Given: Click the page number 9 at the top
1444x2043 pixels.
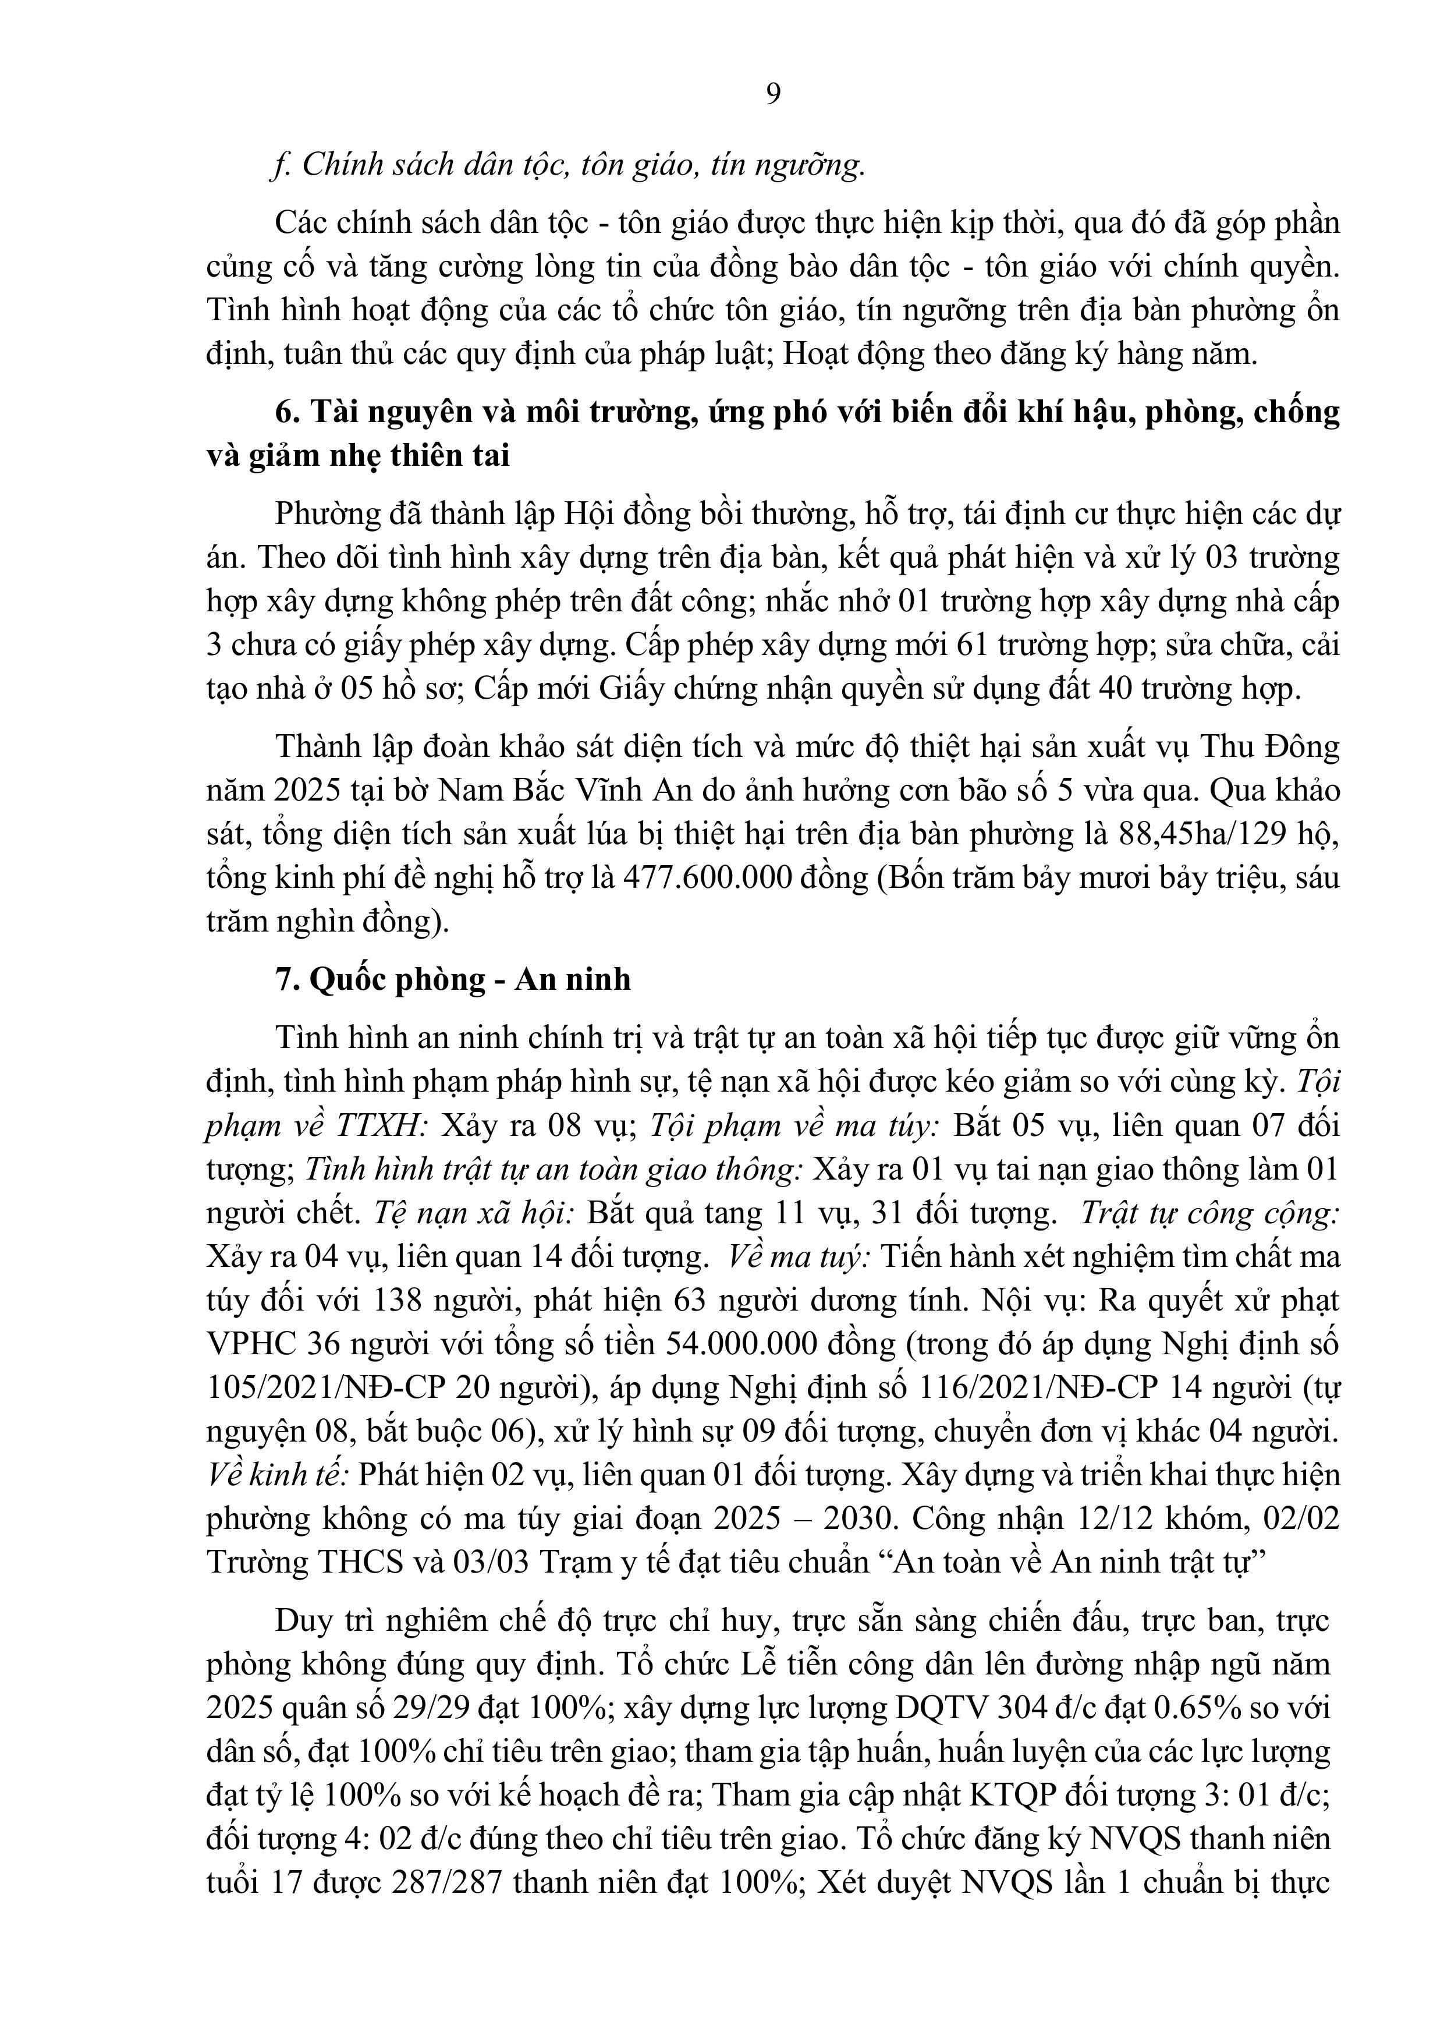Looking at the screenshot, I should tap(773, 93).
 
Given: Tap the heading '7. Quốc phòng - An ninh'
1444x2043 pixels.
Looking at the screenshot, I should tap(453, 979).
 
